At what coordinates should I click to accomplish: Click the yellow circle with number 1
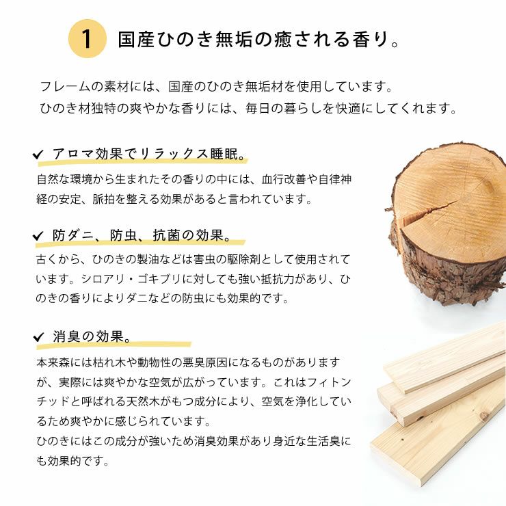pos(88,39)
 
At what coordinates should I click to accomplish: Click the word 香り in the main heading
pos(359,39)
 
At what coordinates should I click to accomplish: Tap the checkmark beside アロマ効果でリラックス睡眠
pos(38,155)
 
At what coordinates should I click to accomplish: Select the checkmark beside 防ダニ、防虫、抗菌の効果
pos(38,237)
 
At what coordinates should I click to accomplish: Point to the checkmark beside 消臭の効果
pos(38,338)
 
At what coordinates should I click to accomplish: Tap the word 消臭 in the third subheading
pos(67,337)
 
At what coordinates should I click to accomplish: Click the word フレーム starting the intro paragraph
pos(62,88)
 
